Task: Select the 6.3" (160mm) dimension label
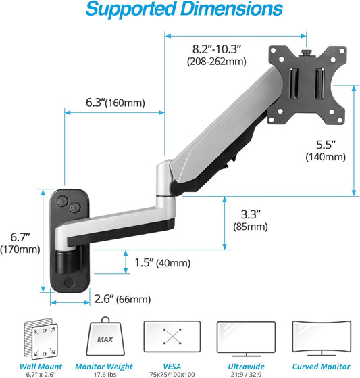tap(114, 101)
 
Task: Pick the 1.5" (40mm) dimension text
tap(162, 263)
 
